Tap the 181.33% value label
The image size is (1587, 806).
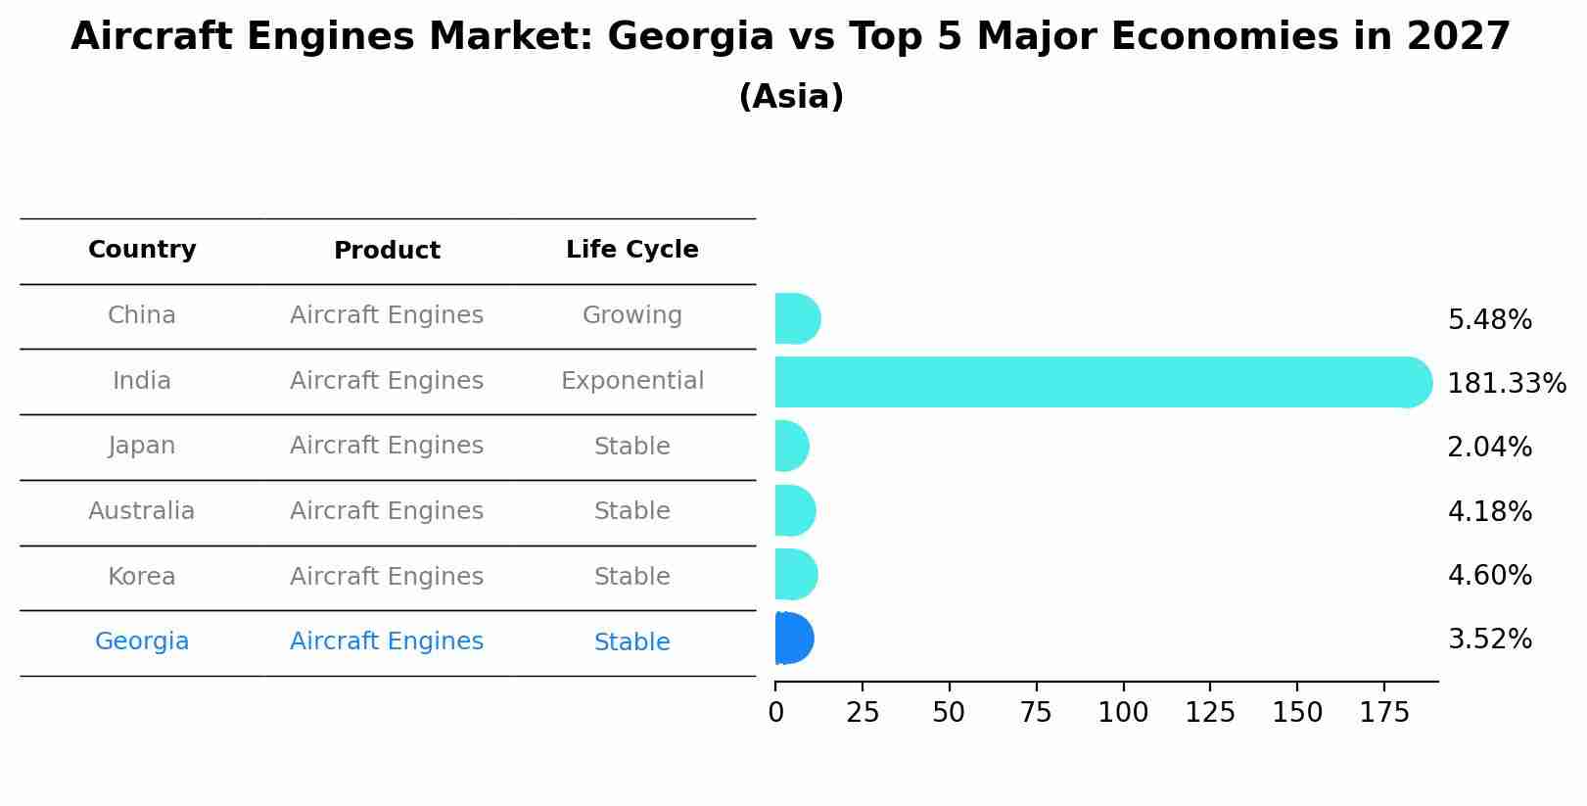[1506, 384]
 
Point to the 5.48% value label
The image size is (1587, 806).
[1489, 320]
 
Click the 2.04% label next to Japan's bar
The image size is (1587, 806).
[1489, 448]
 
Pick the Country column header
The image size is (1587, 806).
[142, 250]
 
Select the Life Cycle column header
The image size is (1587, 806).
[631, 250]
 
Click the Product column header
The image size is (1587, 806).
[387, 251]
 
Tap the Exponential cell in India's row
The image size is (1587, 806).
[631, 381]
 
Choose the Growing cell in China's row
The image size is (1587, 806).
[631, 315]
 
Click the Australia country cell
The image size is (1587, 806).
[142, 511]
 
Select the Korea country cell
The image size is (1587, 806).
[142, 577]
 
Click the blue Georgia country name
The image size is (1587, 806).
[142, 641]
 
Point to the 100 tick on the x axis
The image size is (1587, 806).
[1123, 712]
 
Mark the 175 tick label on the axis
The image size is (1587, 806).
[1383, 712]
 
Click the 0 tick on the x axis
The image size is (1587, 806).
[775, 712]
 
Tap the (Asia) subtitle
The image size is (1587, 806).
[791, 97]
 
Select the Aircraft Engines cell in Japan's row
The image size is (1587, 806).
[387, 446]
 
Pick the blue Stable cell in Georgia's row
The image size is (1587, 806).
[631, 642]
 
